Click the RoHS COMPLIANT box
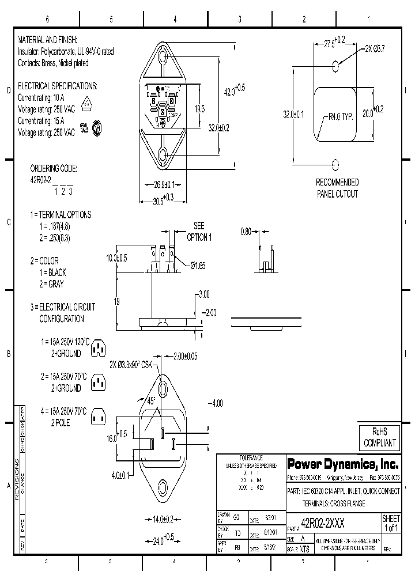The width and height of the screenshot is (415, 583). coord(379,438)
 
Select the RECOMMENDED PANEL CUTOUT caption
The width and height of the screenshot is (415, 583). coord(337,188)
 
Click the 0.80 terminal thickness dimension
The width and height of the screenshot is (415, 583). coord(246,232)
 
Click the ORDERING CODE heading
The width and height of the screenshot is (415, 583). coord(53,169)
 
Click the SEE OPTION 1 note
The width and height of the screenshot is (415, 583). coord(199,232)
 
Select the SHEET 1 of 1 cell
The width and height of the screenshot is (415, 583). coord(391,523)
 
